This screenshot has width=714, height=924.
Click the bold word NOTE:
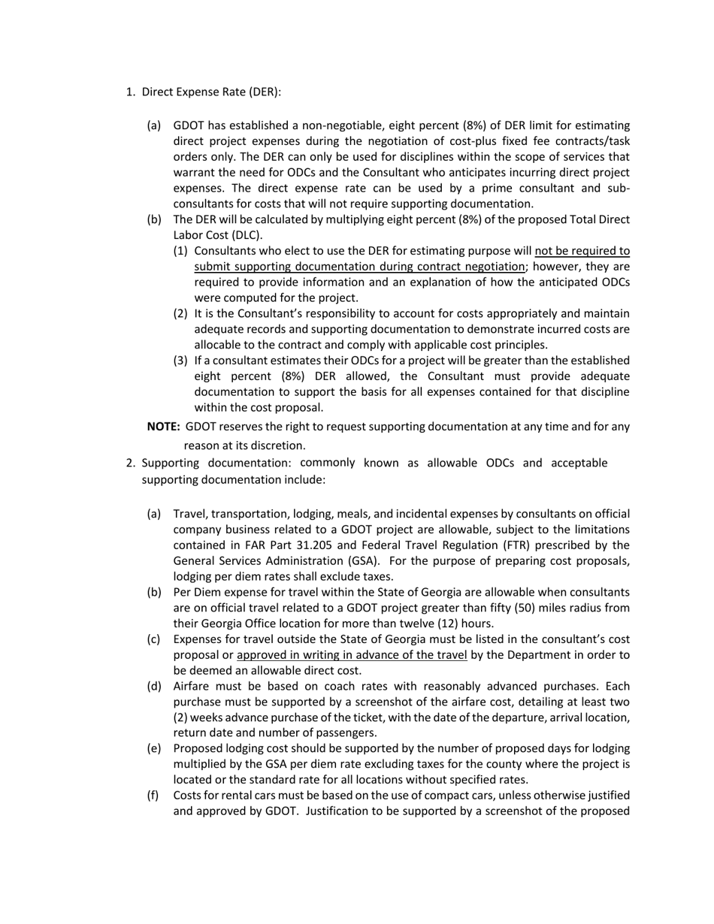[x=163, y=427]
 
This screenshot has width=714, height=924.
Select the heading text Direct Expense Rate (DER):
[x=211, y=92]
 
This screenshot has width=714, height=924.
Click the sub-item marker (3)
[x=181, y=361]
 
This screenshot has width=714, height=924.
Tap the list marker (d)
[x=154, y=686]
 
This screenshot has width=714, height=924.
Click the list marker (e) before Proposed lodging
[x=154, y=748]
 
